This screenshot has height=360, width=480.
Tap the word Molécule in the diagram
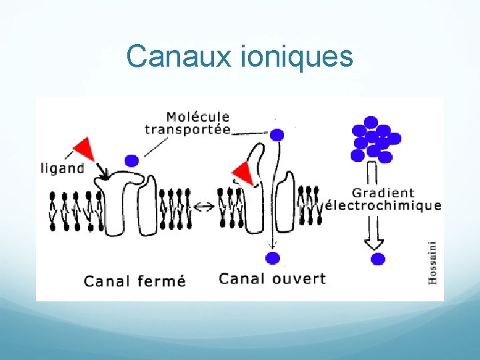[x=197, y=118]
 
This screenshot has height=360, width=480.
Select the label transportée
[x=188, y=129]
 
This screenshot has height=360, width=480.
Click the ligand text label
[x=63, y=167]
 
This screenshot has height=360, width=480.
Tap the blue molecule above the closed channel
[x=132, y=160]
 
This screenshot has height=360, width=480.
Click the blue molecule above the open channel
[x=277, y=135]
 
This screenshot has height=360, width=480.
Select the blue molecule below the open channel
[x=271, y=258]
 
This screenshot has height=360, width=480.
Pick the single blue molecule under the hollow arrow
[x=378, y=259]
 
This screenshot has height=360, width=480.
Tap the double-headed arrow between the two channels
[x=206, y=206]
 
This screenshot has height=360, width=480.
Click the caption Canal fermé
[x=135, y=281]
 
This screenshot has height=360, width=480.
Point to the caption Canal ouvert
[x=272, y=278]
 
